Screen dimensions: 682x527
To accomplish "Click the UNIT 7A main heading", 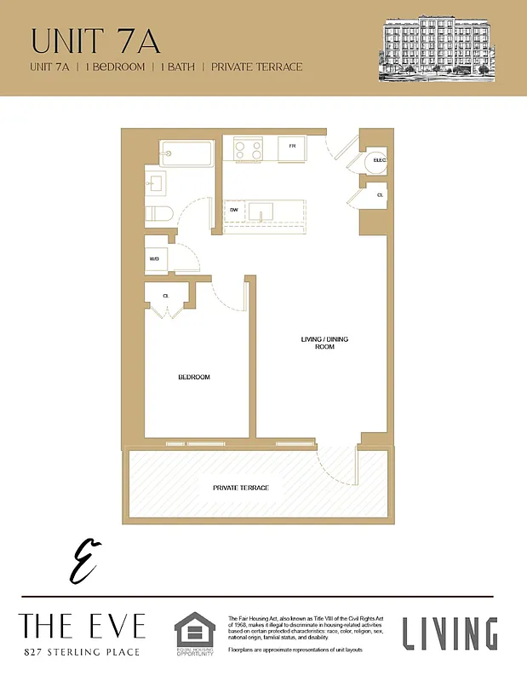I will (95, 41).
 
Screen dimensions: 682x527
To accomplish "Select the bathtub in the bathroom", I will (186, 154).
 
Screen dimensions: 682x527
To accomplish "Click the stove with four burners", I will (249, 150).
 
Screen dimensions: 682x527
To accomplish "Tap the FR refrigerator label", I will (292, 146).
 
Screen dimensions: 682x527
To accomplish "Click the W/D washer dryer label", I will (155, 259).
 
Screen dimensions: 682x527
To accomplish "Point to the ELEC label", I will (380, 160).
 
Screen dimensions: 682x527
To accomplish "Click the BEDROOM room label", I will (193, 377).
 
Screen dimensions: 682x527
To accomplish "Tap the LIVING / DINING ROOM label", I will (324, 344).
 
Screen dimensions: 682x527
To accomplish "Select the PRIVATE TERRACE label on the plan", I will (241, 488).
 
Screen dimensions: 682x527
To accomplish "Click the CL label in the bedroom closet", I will (167, 296).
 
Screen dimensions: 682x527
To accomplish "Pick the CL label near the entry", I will (380, 195).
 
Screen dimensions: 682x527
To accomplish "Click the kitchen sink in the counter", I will (261, 211).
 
